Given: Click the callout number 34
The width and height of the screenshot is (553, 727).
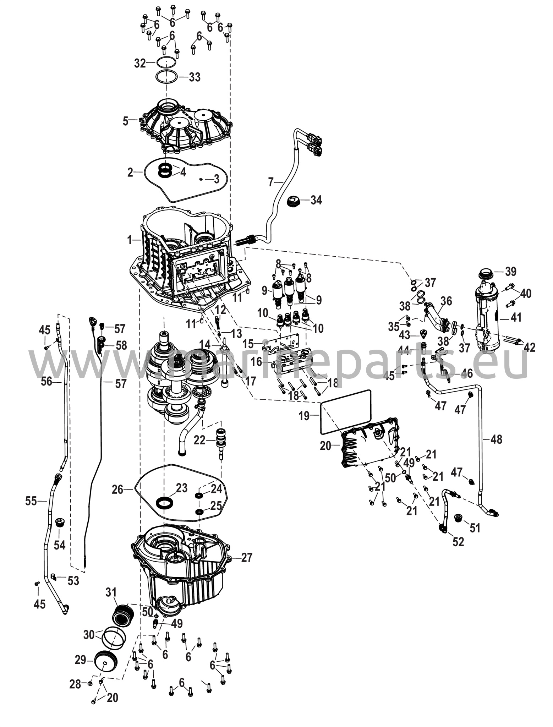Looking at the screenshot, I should (x=316, y=200).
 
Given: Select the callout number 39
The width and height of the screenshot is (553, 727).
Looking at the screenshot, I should (x=510, y=272).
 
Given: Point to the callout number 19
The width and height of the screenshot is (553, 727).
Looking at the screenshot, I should (x=304, y=416).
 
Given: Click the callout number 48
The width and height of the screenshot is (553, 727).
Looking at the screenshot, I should (x=497, y=439).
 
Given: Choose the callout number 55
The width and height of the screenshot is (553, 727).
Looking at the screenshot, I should (x=31, y=501).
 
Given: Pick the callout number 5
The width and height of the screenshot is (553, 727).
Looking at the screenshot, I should (x=126, y=121).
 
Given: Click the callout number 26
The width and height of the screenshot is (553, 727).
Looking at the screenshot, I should (x=117, y=490).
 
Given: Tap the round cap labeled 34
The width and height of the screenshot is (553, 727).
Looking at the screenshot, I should (x=293, y=202).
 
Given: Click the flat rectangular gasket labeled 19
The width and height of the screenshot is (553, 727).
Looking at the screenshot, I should (x=346, y=412).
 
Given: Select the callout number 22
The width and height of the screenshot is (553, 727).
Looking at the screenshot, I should (x=199, y=440).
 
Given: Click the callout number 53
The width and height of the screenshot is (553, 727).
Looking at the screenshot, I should (x=73, y=581).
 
